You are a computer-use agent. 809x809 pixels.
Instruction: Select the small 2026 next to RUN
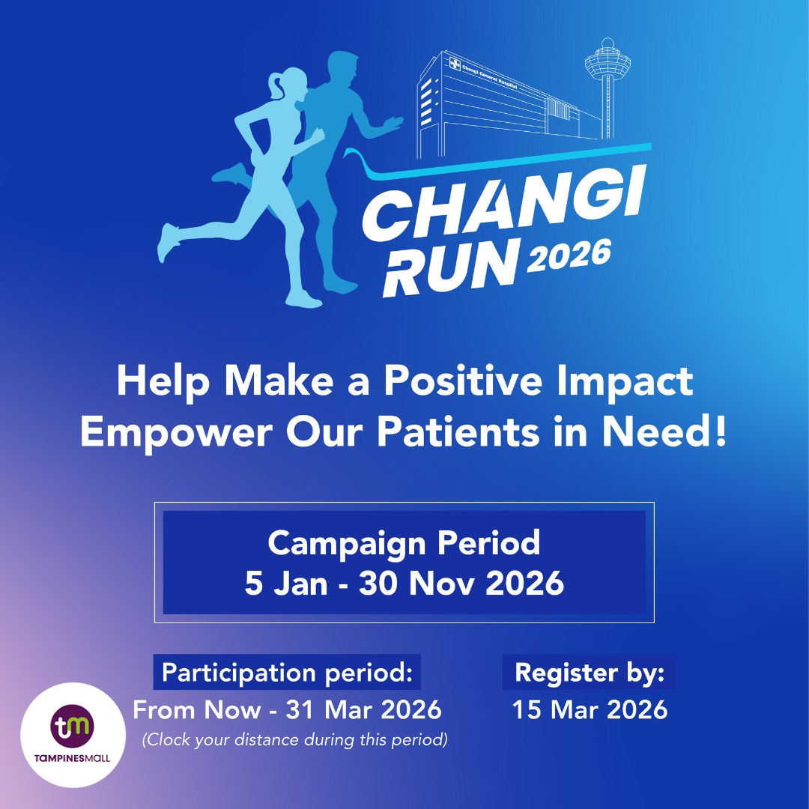569,257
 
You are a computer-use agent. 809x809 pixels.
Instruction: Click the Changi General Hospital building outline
494,101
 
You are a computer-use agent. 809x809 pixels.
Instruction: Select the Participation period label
287,672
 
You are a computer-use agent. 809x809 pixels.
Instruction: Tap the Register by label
590,672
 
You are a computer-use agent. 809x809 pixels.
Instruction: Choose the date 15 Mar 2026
590,709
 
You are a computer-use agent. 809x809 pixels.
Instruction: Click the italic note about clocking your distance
295,740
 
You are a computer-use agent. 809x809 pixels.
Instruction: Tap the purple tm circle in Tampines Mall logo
73,726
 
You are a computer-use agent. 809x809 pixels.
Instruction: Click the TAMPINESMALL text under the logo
73,758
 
